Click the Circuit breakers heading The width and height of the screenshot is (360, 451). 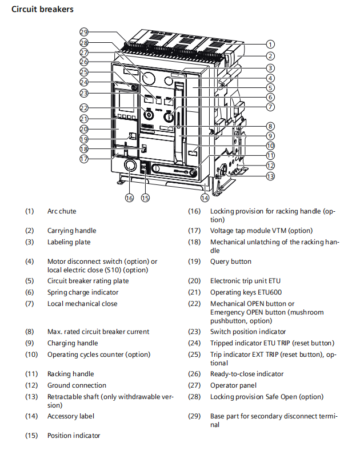(42, 10)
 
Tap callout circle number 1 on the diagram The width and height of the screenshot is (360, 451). (270, 44)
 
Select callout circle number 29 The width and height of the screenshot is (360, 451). (84, 32)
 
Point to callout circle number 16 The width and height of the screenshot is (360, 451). (129, 198)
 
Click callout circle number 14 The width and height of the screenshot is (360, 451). (205, 198)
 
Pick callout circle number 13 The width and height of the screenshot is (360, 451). (270, 176)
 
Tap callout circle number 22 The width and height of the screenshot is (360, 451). (84, 108)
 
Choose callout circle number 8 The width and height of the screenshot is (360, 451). (270, 126)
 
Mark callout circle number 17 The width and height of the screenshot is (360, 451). (84, 159)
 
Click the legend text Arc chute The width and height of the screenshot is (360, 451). (62, 211)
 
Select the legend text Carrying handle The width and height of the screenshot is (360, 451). (71, 231)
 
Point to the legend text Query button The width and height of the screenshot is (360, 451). (230, 261)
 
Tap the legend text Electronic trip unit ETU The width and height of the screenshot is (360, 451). (245, 281)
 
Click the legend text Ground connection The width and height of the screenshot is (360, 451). (77, 385)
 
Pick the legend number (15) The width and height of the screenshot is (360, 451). (31, 436)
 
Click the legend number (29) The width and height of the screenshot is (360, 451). (195, 416)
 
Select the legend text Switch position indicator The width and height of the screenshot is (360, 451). (248, 332)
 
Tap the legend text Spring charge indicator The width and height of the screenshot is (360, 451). (82, 292)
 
